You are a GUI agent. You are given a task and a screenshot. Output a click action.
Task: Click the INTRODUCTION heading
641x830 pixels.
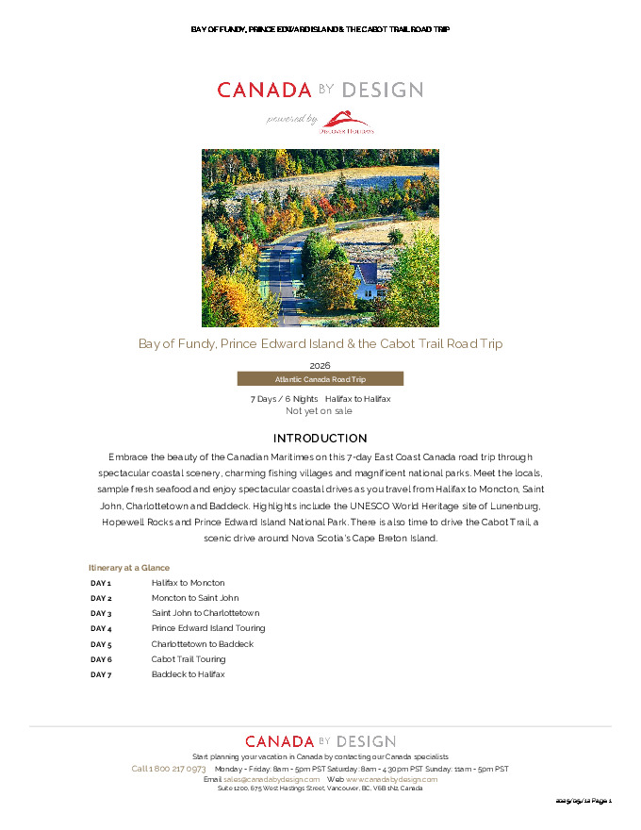coord(320,439)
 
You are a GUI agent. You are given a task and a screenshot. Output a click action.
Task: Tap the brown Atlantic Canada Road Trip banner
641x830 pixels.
coord(320,379)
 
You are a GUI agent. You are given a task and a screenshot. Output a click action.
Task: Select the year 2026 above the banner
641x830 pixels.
coord(320,365)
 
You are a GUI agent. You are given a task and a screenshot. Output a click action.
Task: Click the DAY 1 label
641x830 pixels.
coord(101,583)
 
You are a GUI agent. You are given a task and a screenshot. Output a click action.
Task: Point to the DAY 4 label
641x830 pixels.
coord(101,628)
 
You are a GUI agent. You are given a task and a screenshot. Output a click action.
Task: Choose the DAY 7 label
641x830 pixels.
coord(101,674)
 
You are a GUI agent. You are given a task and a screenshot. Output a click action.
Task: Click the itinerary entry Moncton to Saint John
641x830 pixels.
coord(195,598)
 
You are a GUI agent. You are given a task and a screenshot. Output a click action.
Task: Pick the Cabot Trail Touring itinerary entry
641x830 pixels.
coord(189,659)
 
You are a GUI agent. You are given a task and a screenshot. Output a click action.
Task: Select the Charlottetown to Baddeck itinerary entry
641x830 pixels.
coord(202,644)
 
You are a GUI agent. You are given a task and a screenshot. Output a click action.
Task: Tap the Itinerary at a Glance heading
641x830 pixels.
coord(129,568)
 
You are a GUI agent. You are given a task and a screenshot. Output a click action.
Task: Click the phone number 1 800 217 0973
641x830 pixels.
coord(176,769)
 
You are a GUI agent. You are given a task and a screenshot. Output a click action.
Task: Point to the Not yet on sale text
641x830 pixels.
coord(319,411)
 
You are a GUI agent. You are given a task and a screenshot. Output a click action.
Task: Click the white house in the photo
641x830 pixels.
coord(367,280)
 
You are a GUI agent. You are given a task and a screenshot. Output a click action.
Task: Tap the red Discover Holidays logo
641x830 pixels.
coord(350,122)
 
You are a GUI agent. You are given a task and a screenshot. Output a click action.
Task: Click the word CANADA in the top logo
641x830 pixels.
coord(264,91)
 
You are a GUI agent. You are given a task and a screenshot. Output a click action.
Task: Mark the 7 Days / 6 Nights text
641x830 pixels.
coord(284,399)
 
